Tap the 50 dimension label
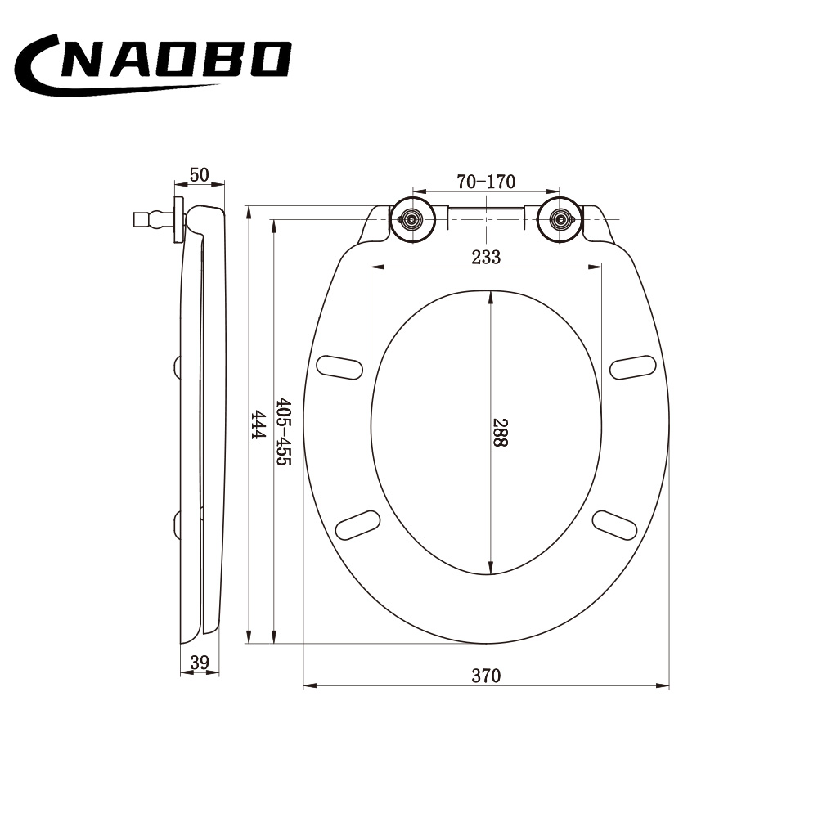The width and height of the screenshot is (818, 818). [x=200, y=175]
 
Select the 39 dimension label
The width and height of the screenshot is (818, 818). [x=200, y=663]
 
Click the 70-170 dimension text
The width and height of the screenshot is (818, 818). [x=486, y=182]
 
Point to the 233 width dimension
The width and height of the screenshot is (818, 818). [x=486, y=257]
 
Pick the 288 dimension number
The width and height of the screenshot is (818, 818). [x=500, y=432]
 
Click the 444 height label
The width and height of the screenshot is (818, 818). [x=258, y=425]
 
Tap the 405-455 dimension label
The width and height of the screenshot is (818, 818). [x=283, y=431]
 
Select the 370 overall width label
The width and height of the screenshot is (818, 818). [x=486, y=676]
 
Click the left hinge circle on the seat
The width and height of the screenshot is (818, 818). [x=412, y=219]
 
